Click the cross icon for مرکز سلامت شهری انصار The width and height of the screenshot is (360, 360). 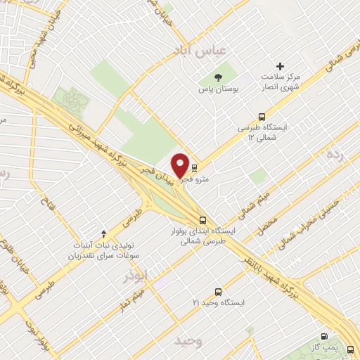pyautogui.click(x=281, y=65)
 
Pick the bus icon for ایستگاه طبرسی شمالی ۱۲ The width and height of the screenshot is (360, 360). pyautogui.click(x=262, y=117)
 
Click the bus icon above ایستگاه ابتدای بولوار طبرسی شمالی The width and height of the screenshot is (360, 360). pyautogui.click(x=202, y=220)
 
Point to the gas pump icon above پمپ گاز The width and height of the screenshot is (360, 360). pyautogui.click(x=323, y=337)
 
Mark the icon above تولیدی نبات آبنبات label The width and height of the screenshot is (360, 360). pyautogui.click(x=104, y=233)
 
